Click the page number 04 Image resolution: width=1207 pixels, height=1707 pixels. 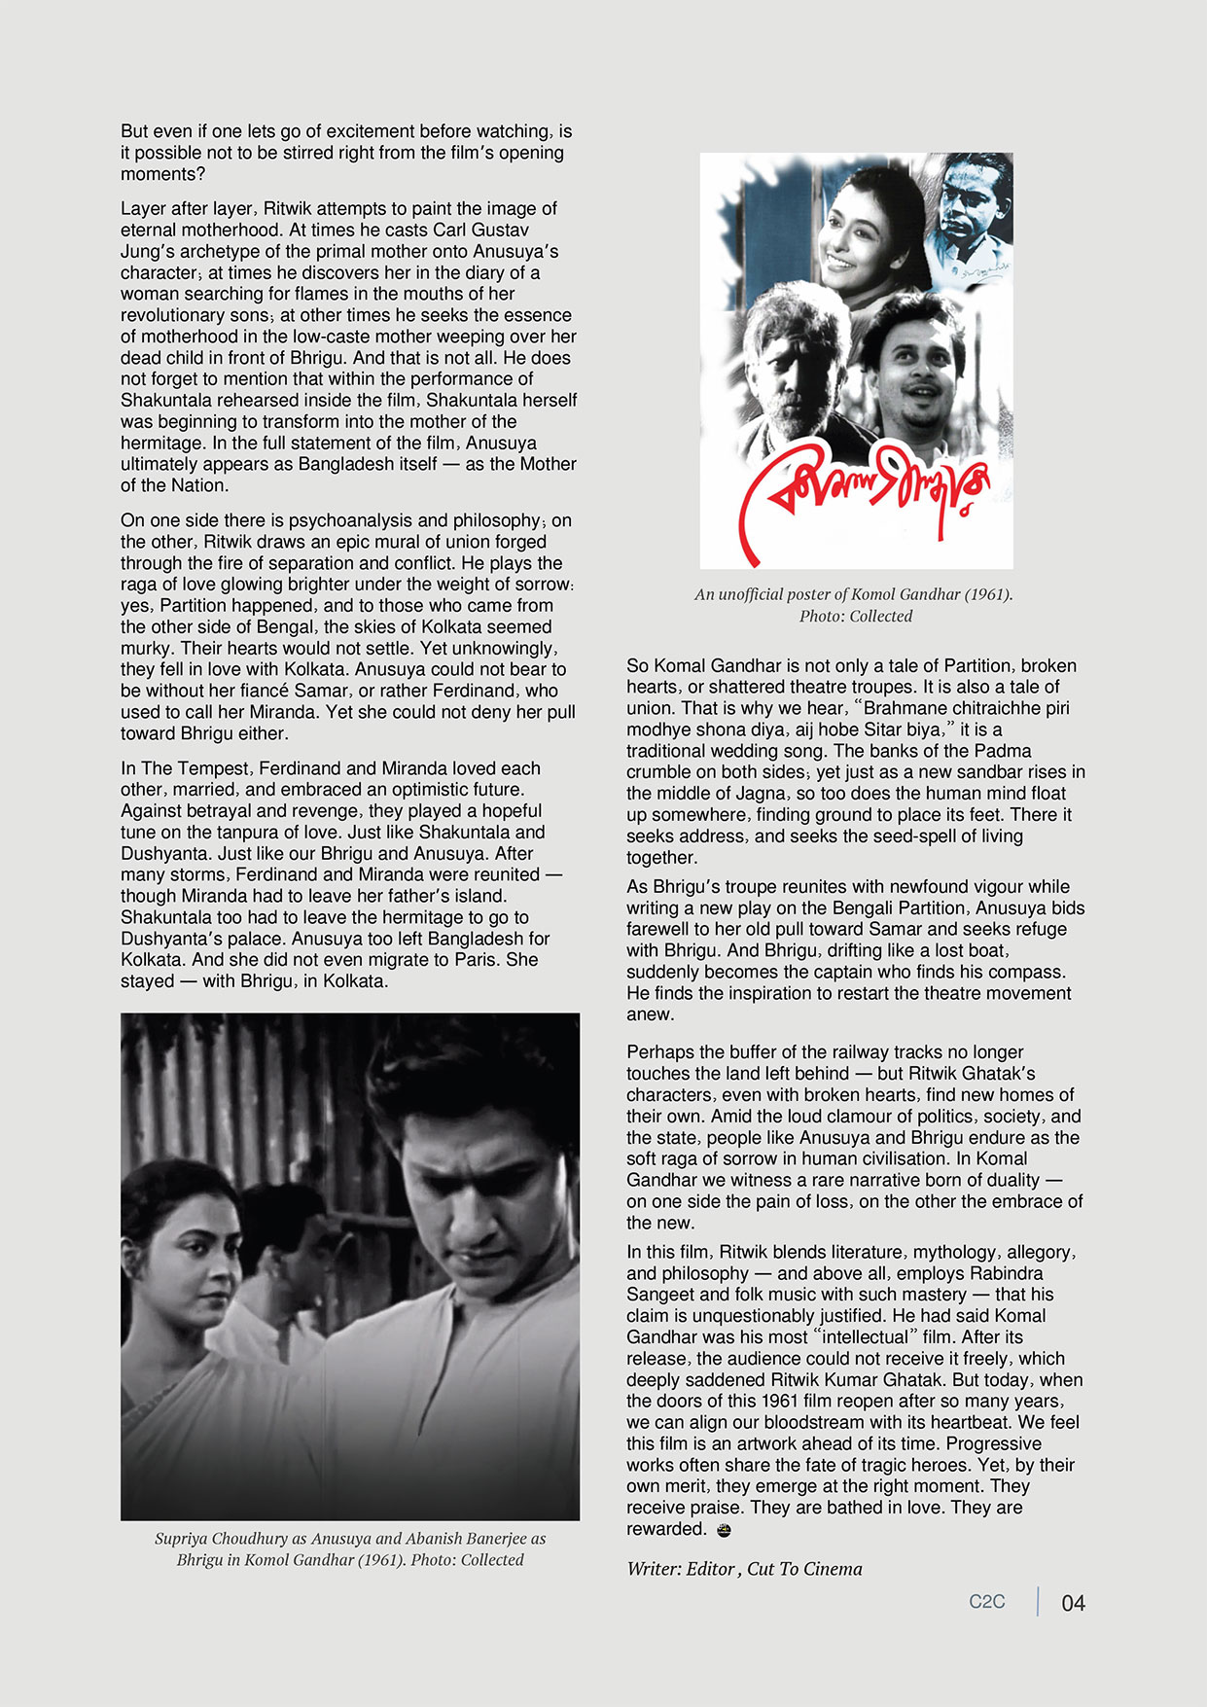tap(1073, 1603)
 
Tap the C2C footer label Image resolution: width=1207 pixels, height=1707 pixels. tap(986, 1602)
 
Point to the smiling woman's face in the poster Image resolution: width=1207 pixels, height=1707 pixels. tap(856, 234)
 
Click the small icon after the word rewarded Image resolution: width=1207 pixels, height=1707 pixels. tap(723, 1530)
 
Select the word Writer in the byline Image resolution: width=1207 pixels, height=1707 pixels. tap(652, 1569)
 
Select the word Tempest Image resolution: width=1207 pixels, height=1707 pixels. tap(211, 768)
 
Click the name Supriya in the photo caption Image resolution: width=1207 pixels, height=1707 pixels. tap(186, 1539)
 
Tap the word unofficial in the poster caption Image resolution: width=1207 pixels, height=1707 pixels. tap(758, 594)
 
